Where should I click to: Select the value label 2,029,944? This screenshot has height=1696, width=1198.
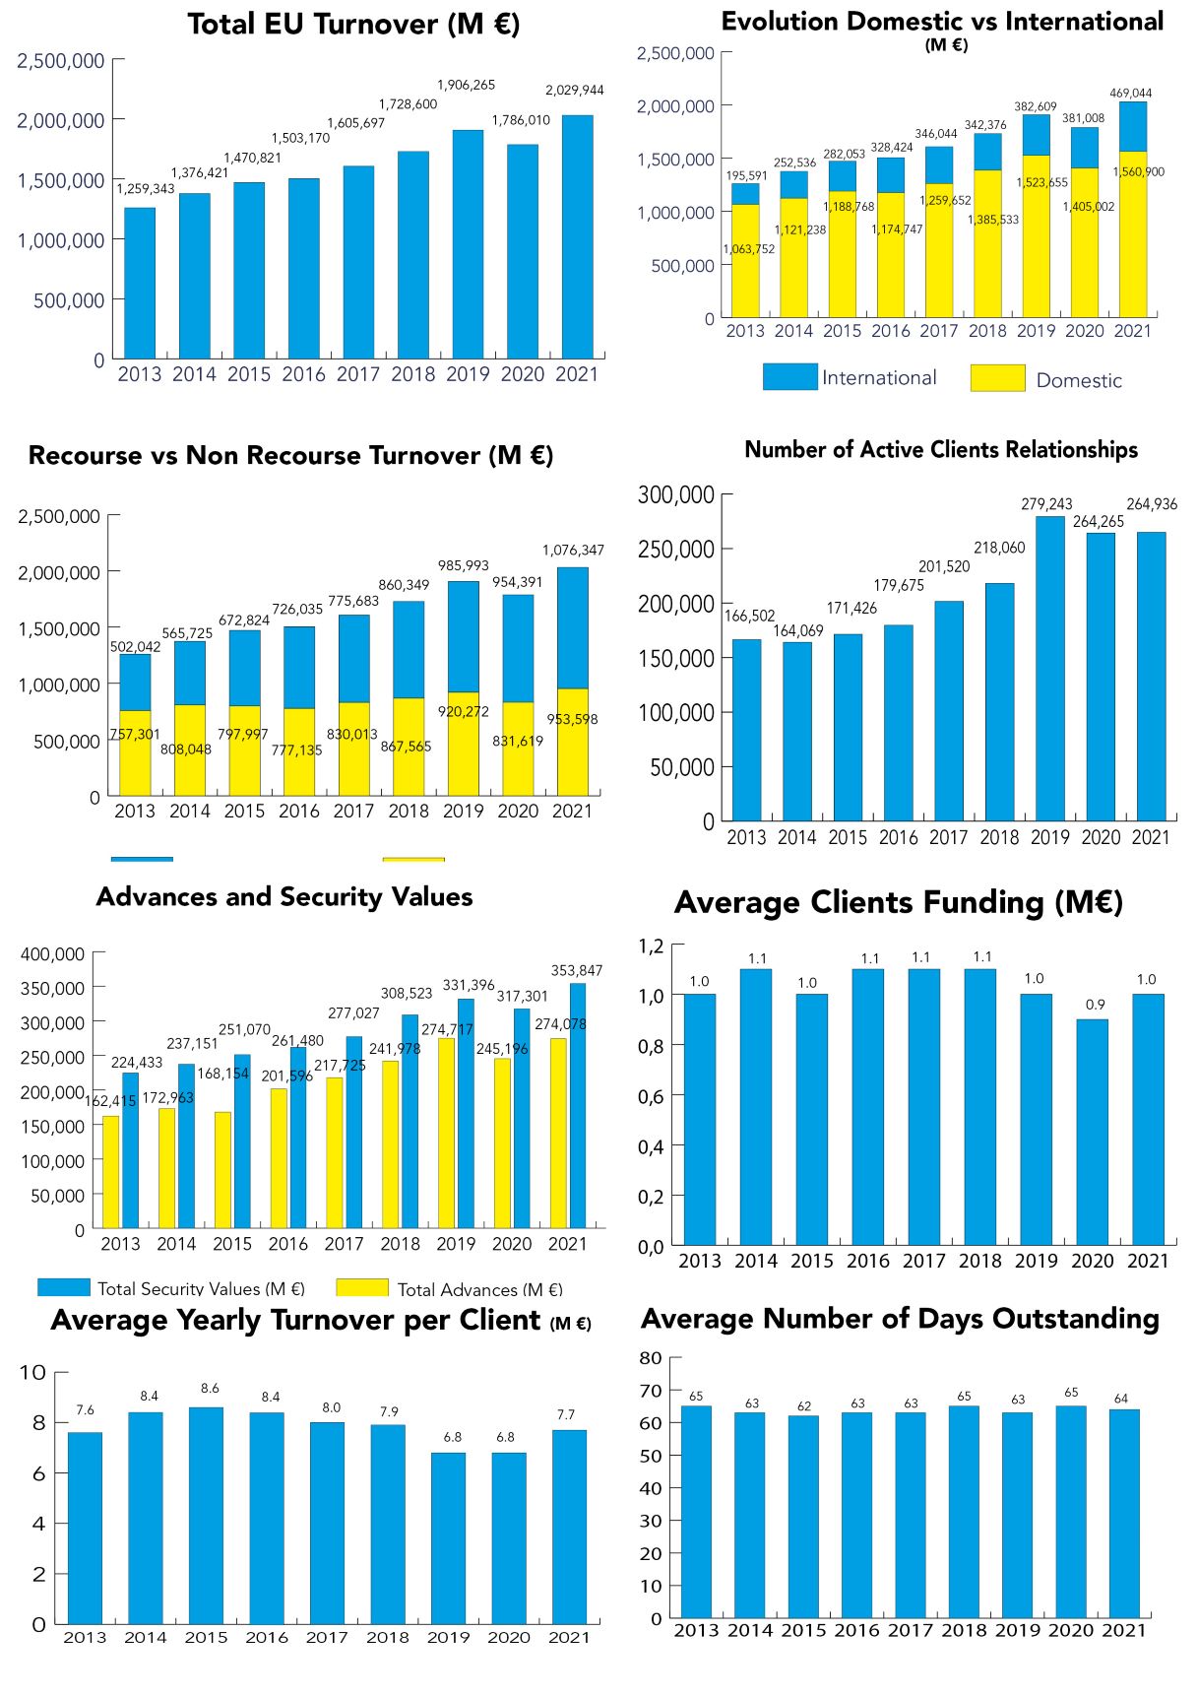[575, 91]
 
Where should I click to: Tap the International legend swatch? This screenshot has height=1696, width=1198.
[789, 377]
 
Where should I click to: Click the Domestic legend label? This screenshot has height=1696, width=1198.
[1078, 380]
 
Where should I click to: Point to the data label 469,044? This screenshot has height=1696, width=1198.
[1131, 94]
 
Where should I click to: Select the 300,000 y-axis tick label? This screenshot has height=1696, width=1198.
[675, 494]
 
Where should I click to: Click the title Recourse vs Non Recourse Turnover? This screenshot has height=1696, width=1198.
[290, 456]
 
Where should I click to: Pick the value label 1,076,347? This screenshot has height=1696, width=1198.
[573, 550]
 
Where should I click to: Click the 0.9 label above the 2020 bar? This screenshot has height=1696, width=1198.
[1095, 1005]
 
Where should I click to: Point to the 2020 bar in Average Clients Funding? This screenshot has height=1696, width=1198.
[1092, 1133]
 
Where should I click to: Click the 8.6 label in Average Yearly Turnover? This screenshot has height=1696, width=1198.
[210, 1388]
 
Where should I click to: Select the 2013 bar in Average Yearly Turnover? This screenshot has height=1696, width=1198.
[85, 1527]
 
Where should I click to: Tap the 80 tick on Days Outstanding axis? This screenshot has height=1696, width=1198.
[651, 1357]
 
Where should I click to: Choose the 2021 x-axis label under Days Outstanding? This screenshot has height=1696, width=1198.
[1123, 1630]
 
